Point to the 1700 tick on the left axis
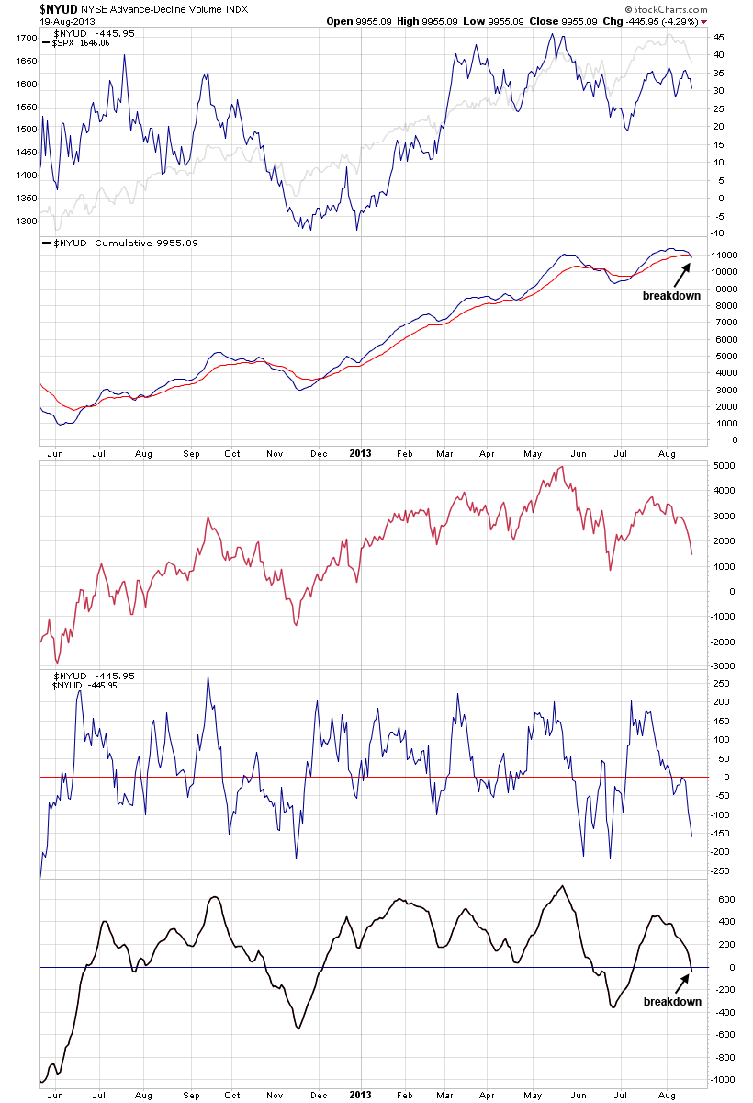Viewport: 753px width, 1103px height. [25, 39]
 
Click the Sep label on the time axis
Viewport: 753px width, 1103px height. [191, 453]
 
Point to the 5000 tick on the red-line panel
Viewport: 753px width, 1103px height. [725, 466]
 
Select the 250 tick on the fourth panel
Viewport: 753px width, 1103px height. [723, 683]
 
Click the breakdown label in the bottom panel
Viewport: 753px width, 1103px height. [672, 1001]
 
